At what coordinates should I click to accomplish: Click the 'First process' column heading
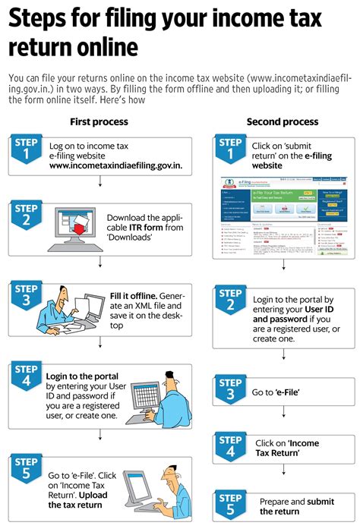click(x=99, y=121)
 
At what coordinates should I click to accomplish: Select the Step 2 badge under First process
click(x=27, y=216)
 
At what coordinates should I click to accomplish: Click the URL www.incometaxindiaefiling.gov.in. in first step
click(x=115, y=165)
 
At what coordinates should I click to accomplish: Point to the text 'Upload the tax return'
click(x=76, y=499)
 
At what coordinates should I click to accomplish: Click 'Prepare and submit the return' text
click(x=287, y=506)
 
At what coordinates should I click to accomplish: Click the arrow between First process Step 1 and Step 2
click(x=99, y=182)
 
